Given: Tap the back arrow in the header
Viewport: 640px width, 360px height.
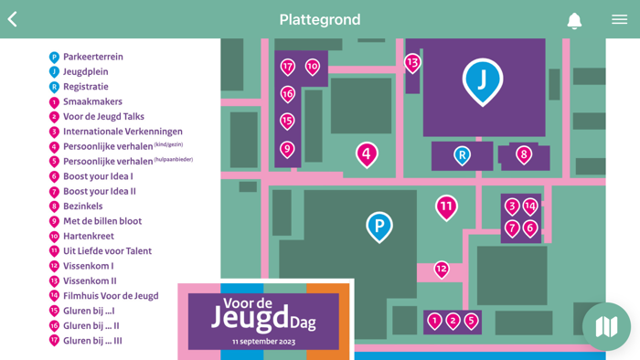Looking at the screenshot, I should tap(13, 19).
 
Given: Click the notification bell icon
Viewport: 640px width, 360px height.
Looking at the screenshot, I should tap(574, 20).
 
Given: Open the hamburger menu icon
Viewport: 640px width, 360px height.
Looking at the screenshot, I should tap(619, 19).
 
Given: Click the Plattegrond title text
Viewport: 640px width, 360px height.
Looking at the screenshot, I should tap(320, 19).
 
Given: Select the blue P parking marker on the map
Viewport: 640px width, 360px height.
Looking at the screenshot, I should tap(379, 225).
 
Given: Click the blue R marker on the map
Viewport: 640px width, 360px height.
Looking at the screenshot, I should tap(463, 155).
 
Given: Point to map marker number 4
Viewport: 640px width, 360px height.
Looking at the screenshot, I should tap(367, 154).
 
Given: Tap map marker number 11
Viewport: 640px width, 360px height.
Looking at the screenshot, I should tap(446, 206).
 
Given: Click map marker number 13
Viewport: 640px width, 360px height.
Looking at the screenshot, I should tap(412, 62).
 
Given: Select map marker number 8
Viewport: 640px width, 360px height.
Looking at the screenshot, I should tap(524, 154).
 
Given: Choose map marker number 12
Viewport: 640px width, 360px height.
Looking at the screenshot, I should tap(442, 269).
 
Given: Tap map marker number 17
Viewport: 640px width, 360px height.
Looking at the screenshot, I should tap(288, 66).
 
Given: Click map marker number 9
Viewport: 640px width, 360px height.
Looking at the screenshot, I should tap(287, 149).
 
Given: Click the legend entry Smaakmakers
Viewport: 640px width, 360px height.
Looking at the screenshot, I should tap(91, 101).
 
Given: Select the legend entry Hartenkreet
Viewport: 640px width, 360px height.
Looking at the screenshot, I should tap(88, 236).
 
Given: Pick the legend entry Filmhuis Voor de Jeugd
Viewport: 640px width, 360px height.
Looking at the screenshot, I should tap(110, 296).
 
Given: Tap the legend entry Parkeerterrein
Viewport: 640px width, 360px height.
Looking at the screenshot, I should tap(91, 57).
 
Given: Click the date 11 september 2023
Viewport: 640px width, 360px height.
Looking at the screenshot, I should tap(264, 341).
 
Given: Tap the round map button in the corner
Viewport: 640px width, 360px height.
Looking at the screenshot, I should tap(606, 326).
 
